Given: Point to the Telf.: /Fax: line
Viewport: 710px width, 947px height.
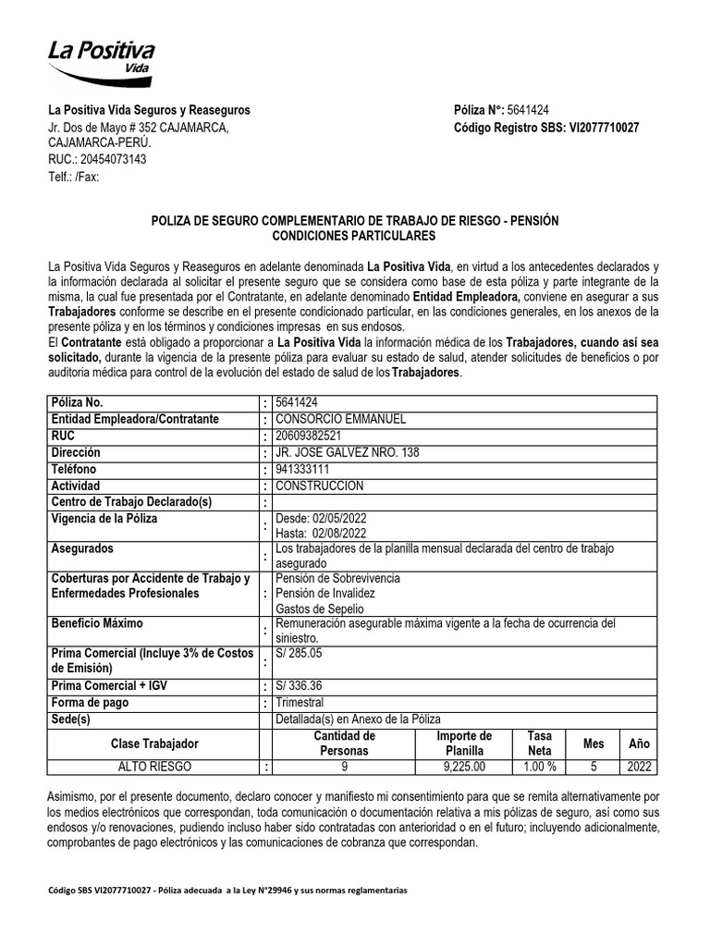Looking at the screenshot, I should click(73, 177).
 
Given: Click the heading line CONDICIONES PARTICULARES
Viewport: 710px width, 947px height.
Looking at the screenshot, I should click(354, 237).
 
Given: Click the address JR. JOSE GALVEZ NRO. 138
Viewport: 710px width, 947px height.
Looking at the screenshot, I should click(340, 452).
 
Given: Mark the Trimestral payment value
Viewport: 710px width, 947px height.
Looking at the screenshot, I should click(300, 702).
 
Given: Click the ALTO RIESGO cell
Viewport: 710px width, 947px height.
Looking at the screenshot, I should click(154, 767).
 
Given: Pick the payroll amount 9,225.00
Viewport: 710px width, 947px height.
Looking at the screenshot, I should click(464, 767).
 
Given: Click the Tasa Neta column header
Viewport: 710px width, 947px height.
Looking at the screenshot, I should click(539, 744).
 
